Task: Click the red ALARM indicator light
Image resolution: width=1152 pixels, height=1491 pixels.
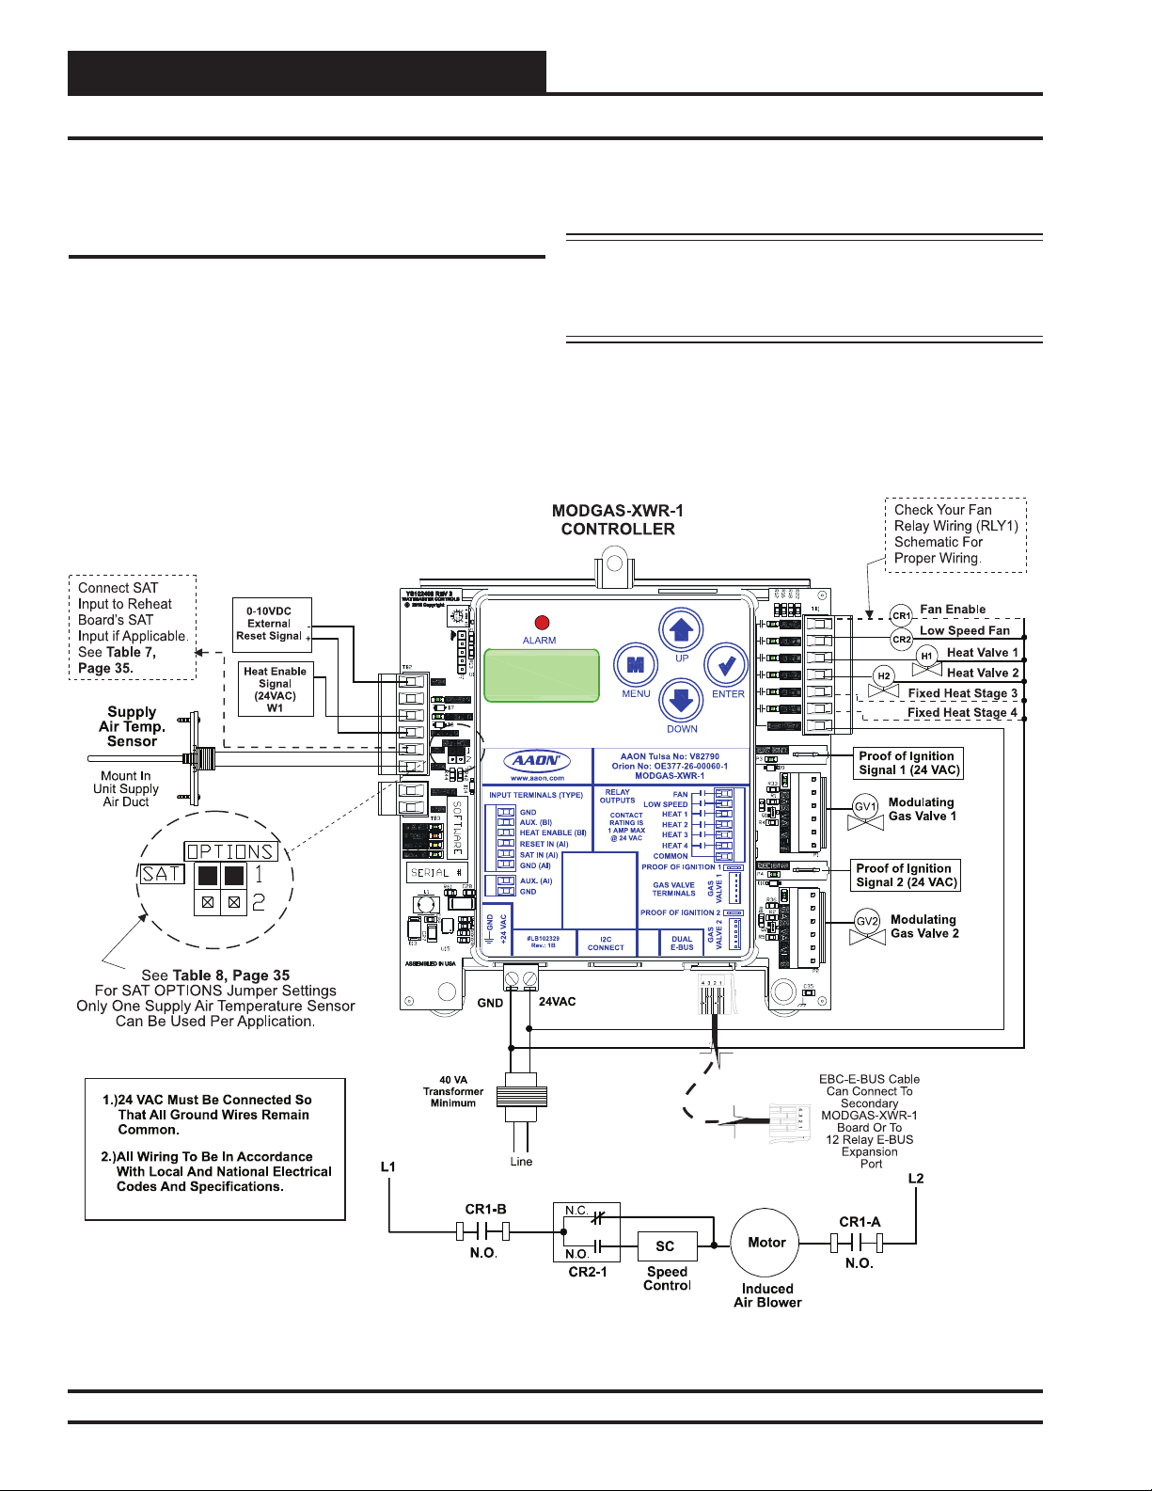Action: click(541, 623)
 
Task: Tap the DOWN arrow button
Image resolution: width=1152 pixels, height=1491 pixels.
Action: click(682, 702)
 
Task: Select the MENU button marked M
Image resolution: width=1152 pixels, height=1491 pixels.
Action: click(636, 666)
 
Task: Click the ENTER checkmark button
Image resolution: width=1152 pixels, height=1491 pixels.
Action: click(726, 666)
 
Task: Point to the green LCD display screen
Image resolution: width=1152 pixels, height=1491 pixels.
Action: click(542, 674)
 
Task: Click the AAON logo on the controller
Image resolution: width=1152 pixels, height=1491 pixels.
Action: click(537, 761)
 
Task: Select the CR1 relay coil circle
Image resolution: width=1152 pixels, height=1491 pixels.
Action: click(901, 615)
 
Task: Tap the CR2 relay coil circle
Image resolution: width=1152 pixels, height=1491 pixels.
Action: click(901, 639)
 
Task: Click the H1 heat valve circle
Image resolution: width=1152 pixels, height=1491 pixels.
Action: click(926, 656)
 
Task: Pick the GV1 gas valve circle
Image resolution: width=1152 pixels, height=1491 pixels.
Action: click(865, 806)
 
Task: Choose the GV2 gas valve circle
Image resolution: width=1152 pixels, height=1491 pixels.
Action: click(866, 922)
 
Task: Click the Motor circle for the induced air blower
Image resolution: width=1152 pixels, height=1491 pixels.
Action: click(766, 1243)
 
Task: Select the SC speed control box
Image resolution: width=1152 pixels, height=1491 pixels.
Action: click(666, 1246)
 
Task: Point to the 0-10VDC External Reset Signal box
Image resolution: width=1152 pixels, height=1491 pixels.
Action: click(271, 623)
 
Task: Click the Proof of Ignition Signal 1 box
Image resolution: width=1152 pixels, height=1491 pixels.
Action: click(907, 763)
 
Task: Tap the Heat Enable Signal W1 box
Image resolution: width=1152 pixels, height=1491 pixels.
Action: click(275, 690)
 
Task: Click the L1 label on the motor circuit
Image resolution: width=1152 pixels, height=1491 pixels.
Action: click(388, 1166)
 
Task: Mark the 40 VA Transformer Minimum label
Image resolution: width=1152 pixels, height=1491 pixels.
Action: click(453, 1091)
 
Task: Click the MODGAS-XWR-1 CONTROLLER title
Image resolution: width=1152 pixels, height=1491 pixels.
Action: click(618, 519)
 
